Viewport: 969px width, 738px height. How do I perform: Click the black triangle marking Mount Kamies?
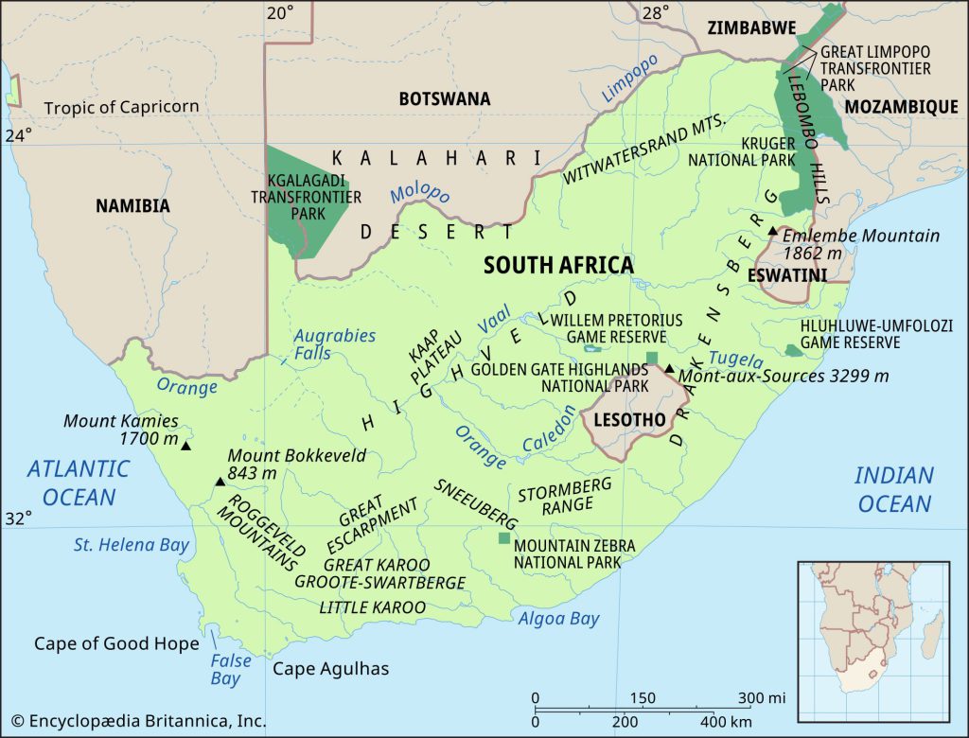tap(185, 446)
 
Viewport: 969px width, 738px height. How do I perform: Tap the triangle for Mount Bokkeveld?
tap(220, 482)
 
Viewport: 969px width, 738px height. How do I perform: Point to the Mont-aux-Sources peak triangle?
tap(669, 369)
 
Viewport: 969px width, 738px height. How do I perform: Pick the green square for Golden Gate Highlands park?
tap(651, 357)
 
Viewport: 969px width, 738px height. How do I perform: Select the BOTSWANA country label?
tap(445, 98)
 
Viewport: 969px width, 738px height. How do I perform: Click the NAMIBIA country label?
tap(132, 205)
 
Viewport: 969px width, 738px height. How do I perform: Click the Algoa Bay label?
tap(558, 619)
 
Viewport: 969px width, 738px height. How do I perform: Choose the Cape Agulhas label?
tap(330, 669)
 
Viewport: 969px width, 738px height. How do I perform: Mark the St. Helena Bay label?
tap(132, 545)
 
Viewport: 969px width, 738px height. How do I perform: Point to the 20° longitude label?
tap(280, 12)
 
